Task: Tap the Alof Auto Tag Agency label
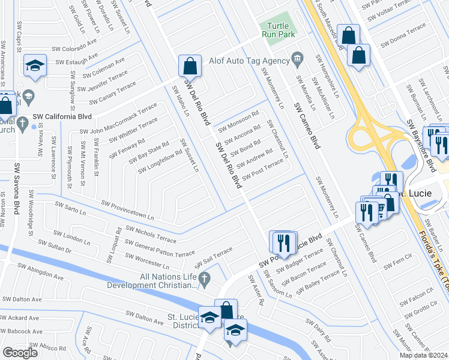249,60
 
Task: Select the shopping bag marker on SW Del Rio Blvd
190,65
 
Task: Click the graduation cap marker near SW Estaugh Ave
35,66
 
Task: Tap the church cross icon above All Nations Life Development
204,278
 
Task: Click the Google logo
20,353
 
